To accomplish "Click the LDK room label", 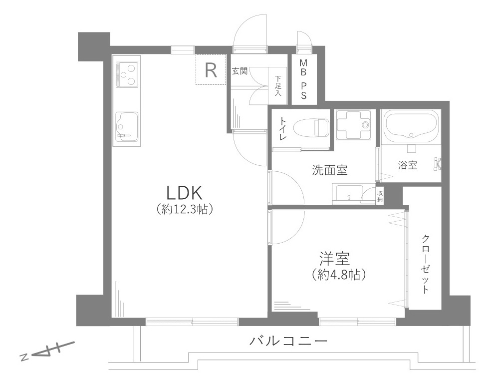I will coord(184,193).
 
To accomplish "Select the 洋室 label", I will coord(334,259).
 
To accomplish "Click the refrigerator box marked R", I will coord(211,70).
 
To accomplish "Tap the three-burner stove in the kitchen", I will coord(127,73).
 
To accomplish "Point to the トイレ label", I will coord(282,128).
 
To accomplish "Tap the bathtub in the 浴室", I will coord(411,125).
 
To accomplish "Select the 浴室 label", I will coord(408,165).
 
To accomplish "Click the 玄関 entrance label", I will coord(240,71).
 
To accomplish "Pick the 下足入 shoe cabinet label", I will coord(277,86).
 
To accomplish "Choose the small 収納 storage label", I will coord(380,196).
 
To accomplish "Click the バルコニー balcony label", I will coord(288,342).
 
